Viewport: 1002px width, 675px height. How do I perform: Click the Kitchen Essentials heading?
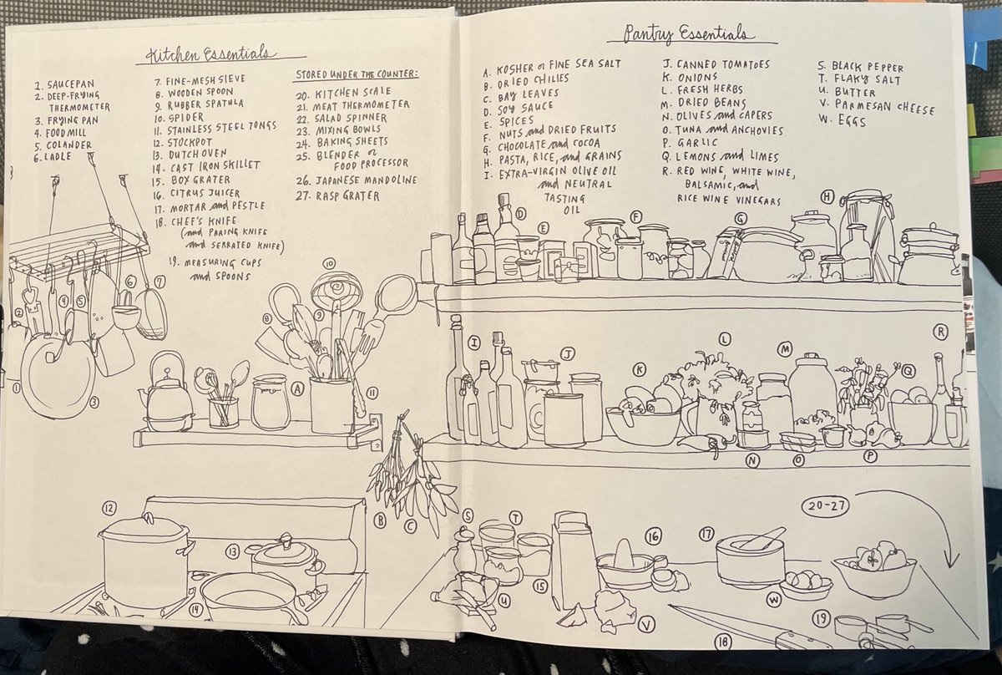click(209, 54)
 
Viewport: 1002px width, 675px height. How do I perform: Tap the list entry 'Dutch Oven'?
click(190, 155)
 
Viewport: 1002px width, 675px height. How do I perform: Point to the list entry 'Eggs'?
click(843, 121)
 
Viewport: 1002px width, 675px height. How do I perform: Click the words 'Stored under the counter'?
click(357, 74)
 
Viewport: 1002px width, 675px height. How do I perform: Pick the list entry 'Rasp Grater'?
click(337, 196)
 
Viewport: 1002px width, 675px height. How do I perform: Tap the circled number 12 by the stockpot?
click(109, 508)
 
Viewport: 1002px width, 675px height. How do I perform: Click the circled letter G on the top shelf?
click(741, 219)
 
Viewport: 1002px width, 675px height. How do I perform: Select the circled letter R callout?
click(941, 332)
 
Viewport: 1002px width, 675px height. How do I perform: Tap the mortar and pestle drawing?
click(750, 557)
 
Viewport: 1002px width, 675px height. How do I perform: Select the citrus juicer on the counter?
click(626, 565)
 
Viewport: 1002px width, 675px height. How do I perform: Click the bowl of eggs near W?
click(806, 584)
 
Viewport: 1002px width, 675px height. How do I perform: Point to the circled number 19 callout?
click(821, 618)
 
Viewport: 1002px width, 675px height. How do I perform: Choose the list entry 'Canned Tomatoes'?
click(716, 65)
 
